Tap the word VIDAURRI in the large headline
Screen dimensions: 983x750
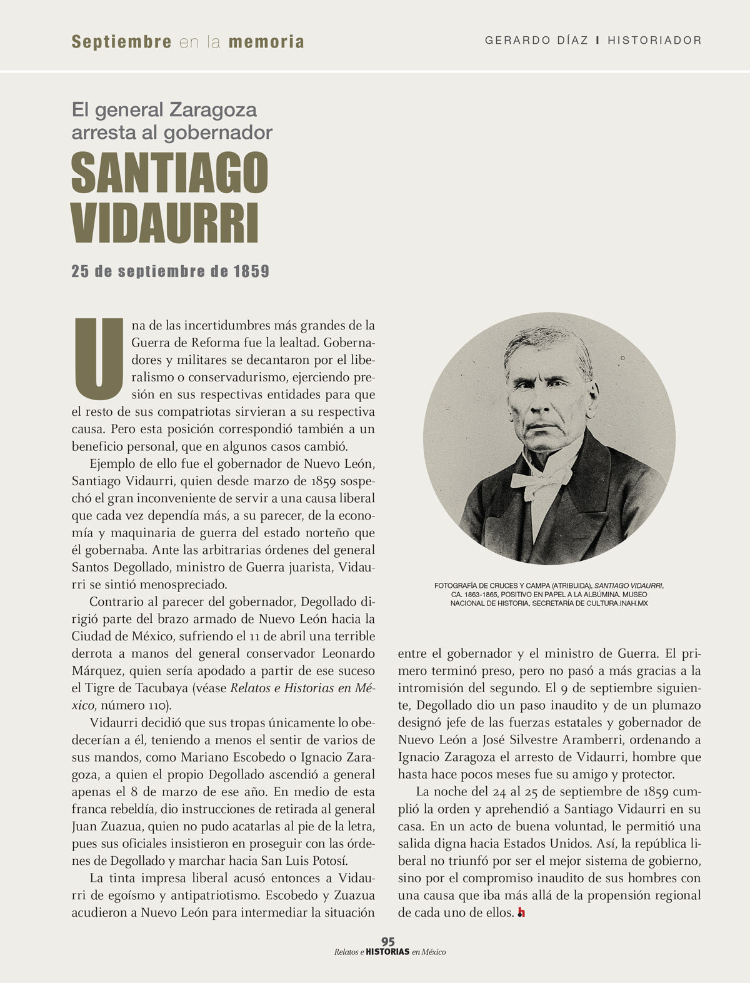point(165,222)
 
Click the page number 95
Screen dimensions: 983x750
point(387,942)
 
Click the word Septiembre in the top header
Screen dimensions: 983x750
point(122,42)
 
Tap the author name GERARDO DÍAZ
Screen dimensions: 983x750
point(536,41)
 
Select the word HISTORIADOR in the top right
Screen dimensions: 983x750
point(654,41)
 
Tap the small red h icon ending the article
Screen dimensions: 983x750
point(521,913)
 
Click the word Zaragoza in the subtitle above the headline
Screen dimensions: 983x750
point(212,111)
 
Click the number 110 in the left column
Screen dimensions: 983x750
point(156,706)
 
